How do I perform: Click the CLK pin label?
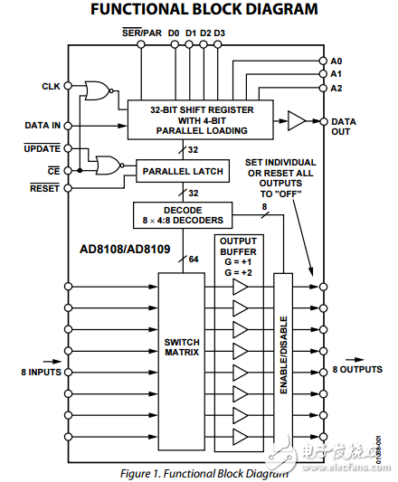point(51,87)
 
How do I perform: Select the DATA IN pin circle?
point(68,126)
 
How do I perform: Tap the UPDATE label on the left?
point(43,149)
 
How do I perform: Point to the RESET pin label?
point(44,188)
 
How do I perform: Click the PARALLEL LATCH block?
point(183,171)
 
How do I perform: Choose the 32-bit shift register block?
point(201,119)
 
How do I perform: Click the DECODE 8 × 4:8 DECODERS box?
point(183,215)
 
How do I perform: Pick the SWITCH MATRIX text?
point(182,347)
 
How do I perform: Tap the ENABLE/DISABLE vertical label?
point(284,355)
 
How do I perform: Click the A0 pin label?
point(336,61)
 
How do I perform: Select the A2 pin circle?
point(323,89)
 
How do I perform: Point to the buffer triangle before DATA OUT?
point(297,121)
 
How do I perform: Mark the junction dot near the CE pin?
point(80,171)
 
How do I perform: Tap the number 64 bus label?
point(194,260)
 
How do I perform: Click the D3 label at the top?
point(219,33)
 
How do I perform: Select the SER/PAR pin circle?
point(141,45)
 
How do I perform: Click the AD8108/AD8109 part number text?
point(125,249)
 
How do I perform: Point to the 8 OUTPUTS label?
point(357,370)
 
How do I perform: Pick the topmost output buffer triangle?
point(240,287)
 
